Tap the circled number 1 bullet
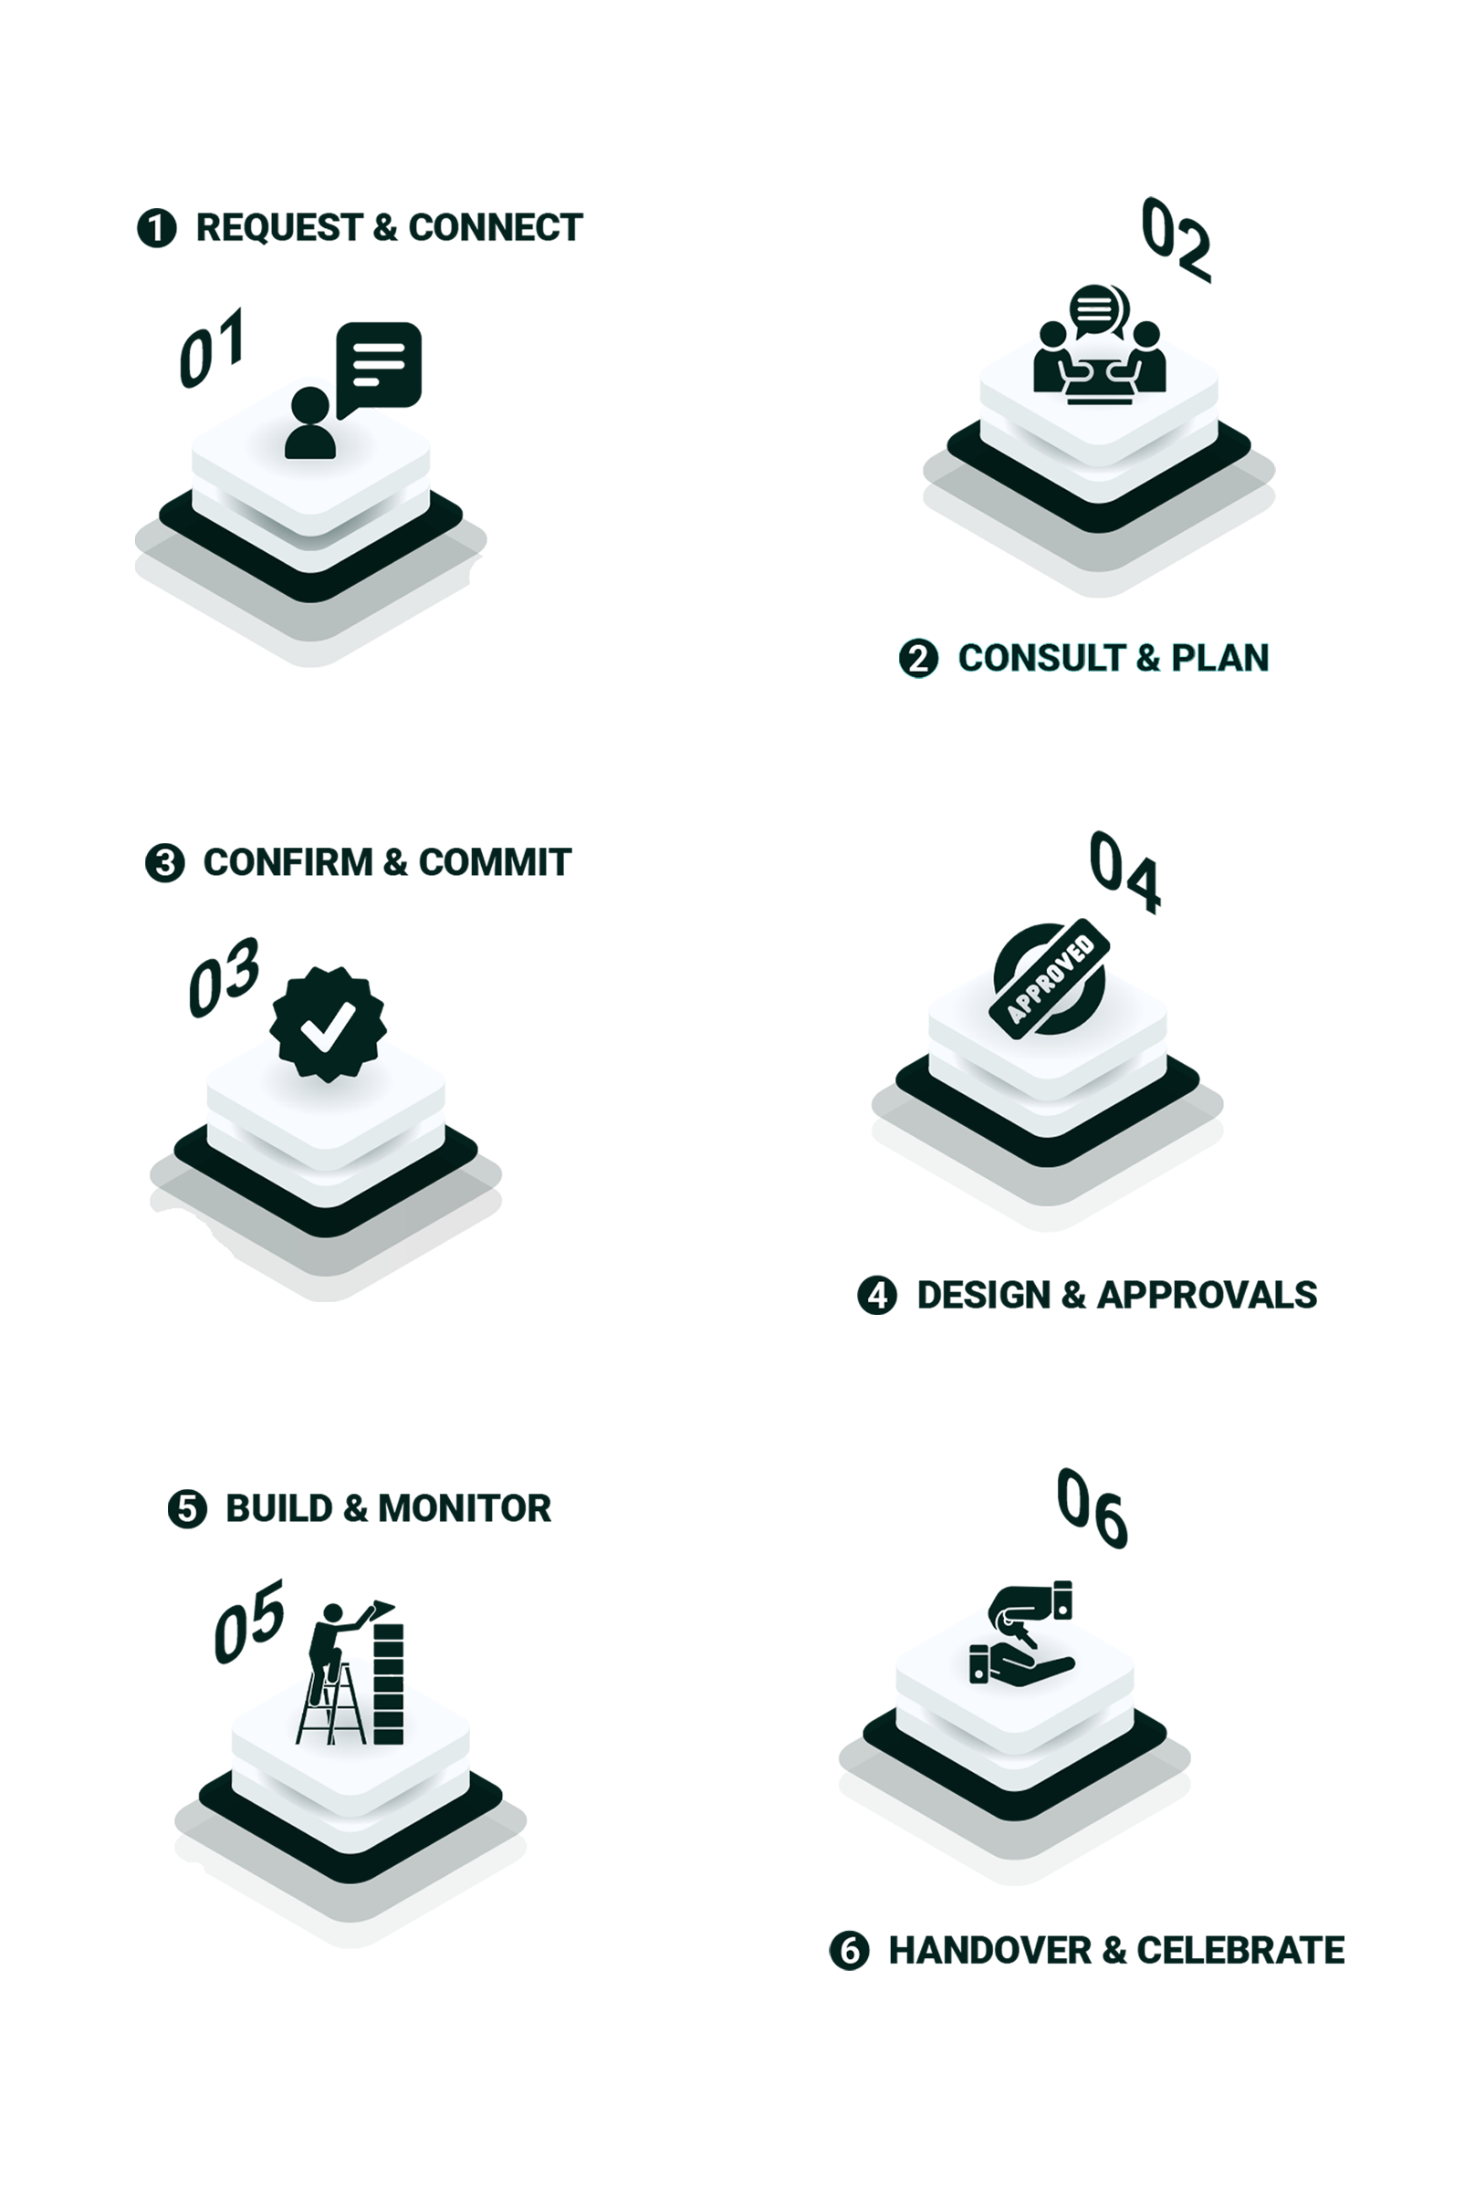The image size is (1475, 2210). point(157,228)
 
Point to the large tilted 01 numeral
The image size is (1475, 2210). point(213,347)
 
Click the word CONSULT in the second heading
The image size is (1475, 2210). point(1041,658)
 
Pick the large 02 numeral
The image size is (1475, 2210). point(1176,239)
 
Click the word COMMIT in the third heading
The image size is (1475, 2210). point(495,862)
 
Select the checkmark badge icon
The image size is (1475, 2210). point(328,1024)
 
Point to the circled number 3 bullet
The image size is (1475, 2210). point(164,863)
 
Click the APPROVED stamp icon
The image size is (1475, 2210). point(1049,979)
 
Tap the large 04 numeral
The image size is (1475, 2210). point(1125,871)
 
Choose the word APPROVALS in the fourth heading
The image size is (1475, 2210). point(1207,1295)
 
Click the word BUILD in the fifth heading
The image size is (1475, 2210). point(279,1508)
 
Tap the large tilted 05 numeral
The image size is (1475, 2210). point(248,1622)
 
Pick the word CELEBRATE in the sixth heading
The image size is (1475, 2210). point(1240,1951)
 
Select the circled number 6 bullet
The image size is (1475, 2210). point(849,1951)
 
